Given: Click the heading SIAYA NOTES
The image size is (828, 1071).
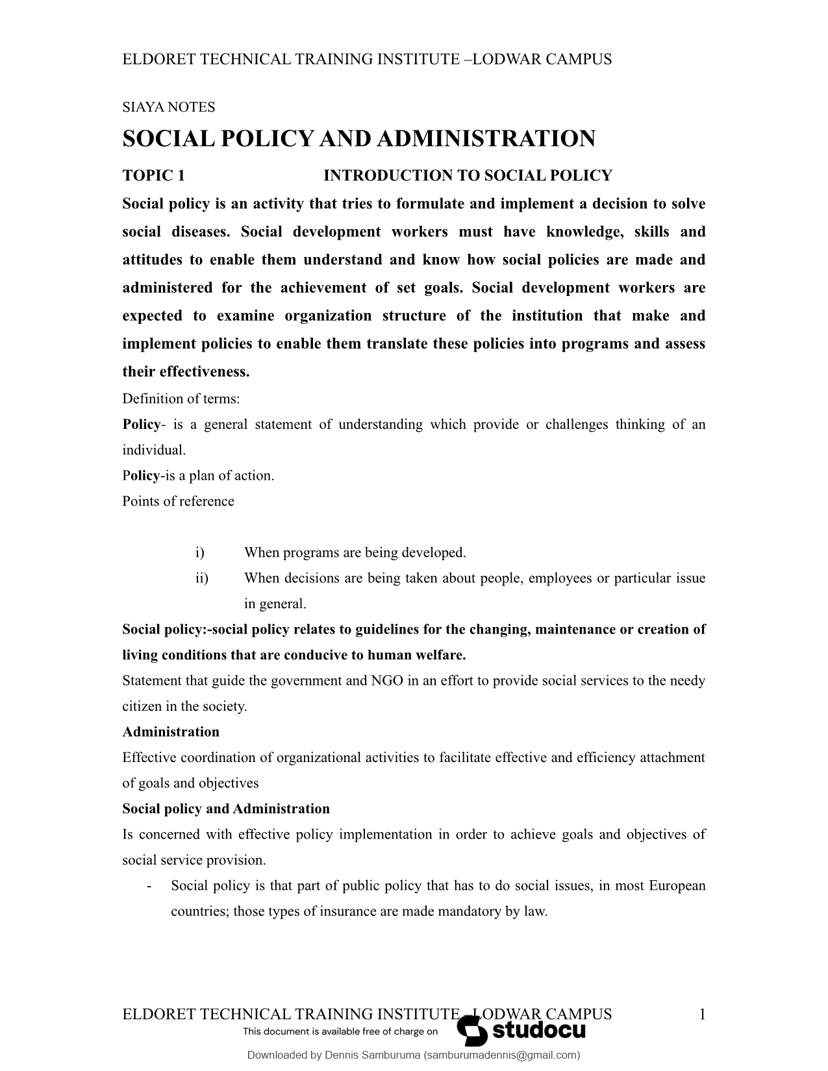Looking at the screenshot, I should (x=168, y=107).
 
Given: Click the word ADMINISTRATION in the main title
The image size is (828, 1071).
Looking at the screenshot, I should (x=486, y=139).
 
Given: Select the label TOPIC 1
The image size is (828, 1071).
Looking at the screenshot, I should (x=153, y=176).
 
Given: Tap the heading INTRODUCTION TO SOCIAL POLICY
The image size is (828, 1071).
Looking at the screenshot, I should (x=468, y=176).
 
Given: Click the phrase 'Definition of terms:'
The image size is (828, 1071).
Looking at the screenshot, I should (x=181, y=399).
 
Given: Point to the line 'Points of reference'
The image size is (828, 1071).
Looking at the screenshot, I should (x=178, y=501).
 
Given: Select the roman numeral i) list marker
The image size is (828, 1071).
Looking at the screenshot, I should (x=199, y=552).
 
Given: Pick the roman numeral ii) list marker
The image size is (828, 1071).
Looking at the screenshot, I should (x=201, y=578).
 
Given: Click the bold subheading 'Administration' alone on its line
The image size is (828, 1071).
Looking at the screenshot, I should (x=171, y=732).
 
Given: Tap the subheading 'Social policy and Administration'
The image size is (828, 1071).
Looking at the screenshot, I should (x=226, y=809).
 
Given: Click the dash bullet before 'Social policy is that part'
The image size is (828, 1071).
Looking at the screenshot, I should (x=150, y=886).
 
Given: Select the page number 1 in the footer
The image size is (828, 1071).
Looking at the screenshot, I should (x=701, y=1015).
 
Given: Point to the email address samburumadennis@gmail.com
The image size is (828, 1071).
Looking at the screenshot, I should (x=502, y=1055).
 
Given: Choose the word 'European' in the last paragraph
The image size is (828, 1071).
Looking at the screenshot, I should (x=677, y=886).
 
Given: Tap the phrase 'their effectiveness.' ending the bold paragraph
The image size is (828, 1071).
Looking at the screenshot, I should (x=186, y=372).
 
